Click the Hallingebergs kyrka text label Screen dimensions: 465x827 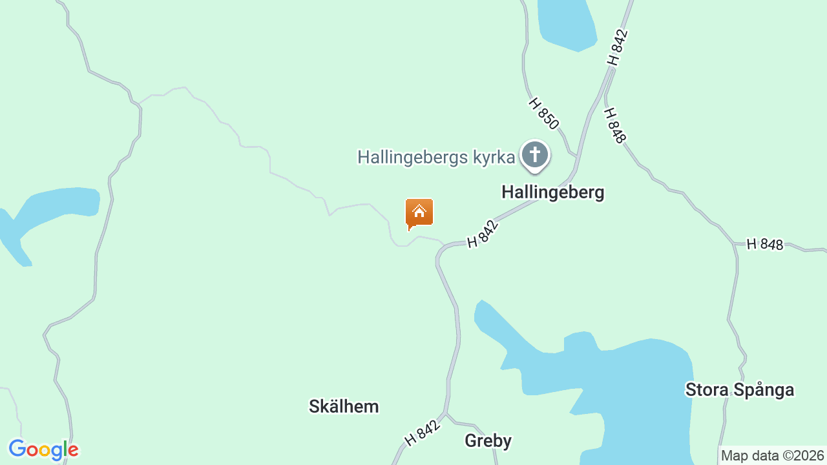[437, 157]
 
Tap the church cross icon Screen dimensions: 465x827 [535, 155]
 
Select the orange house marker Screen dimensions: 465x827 [419, 212]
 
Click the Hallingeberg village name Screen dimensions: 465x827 [553, 192]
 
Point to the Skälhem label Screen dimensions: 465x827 [344, 406]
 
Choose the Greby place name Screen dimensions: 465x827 [488, 441]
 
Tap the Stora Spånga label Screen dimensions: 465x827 [740, 389]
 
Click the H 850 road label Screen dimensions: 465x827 [543, 113]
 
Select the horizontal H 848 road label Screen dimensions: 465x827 [765, 244]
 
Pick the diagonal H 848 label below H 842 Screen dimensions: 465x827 [615, 125]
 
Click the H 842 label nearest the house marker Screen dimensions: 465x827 [483, 234]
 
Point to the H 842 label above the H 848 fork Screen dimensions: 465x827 [617, 47]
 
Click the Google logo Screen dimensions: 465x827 [43, 449]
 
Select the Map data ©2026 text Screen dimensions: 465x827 [773, 455]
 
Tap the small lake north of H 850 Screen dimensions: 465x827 [567, 23]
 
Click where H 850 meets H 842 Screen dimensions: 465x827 [575, 157]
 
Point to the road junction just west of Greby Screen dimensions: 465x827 [446, 414]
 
